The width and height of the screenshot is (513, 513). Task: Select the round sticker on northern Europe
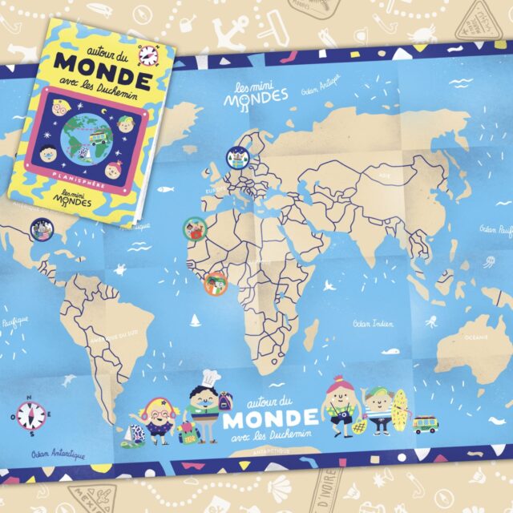pos(237,159)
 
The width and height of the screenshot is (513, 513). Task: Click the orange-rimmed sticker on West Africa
pos(216,283)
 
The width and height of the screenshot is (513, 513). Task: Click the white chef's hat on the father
pos(210,376)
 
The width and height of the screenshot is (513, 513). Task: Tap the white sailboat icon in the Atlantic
pos(193,322)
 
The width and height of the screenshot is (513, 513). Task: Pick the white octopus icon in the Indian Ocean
pos(430,324)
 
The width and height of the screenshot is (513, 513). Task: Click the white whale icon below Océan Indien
pos(390,350)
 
